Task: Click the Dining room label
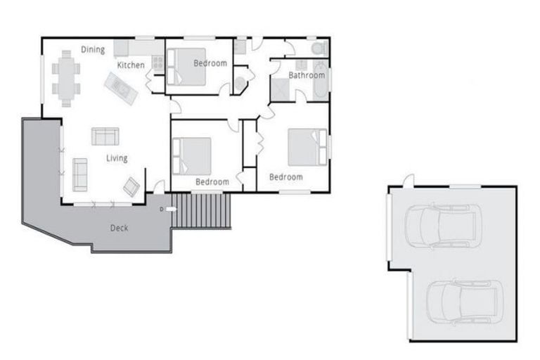coord(93,50)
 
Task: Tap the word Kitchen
coord(131,65)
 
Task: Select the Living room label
coord(117,158)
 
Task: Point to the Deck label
coord(119,228)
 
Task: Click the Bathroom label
coord(307,75)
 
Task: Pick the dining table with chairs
coord(66,77)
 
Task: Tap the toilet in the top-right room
coord(318,49)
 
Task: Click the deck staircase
coord(201,210)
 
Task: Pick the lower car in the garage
coord(464,301)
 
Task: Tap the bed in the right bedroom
coord(307,147)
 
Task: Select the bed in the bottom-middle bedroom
coord(192,155)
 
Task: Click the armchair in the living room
coord(131,186)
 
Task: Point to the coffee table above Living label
coord(105,136)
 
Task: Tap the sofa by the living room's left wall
coord(79,174)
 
